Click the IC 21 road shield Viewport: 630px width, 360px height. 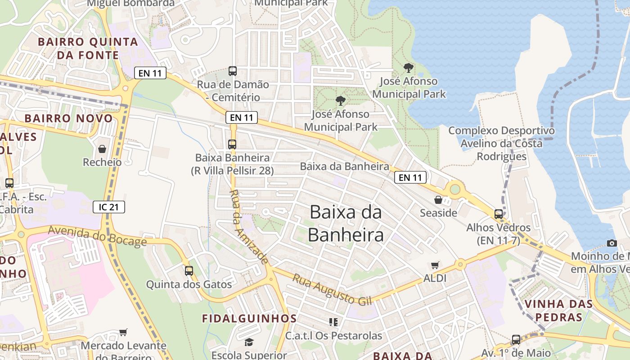pyautogui.click(x=109, y=207)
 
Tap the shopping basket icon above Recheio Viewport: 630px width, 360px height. pyautogui.click(x=102, y=149)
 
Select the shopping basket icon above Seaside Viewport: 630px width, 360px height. pyautogui.click(x=438, y=200)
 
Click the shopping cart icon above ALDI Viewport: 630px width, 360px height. pyautogui.click(x=435, y=265)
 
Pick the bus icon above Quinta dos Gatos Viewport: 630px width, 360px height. pyautogui.click(x=189, y=271)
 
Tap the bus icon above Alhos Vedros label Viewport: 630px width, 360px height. pyautogui.click(x=499, y=214)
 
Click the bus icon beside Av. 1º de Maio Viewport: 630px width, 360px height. pyautogui.click(x=516, y=340)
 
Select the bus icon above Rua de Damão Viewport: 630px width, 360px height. pyautogui.click(x=233, y=71)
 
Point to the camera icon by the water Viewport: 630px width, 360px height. pyautogui.click(x=612, y=243)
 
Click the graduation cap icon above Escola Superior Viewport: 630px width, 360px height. pyautogui.click(x=249, y=342)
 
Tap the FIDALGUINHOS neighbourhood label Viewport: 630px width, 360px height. pyautogui.click(x=249, y=319)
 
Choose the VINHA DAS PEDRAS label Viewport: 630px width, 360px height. pyautogui.click(x=559, y=310)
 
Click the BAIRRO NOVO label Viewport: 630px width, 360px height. pyautogui.click(x=68, y=118)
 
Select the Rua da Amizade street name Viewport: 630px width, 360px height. pyautogui.click(x=249, y=227)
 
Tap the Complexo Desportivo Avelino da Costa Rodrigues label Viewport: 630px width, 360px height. pyautogui.click(x=501, y=144)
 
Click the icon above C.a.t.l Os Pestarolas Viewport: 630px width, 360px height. pyautogui.click(x=333, y=322)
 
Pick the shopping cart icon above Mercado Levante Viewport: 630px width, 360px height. pyautogui.click(x=123, y=333)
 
